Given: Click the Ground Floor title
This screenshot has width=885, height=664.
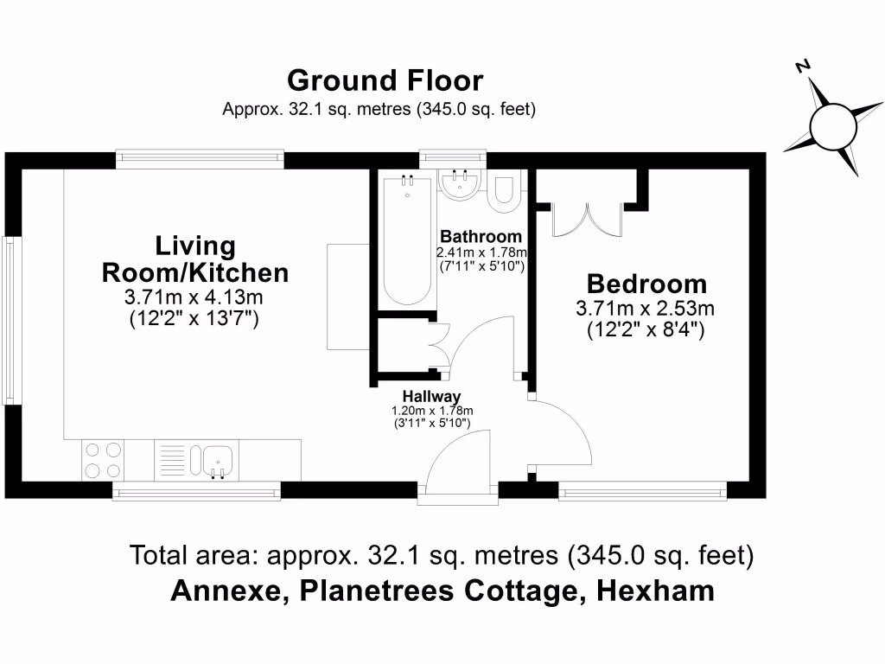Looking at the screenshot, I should coord(385,80).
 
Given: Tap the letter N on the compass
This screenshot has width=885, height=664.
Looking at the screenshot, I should coord(803,67).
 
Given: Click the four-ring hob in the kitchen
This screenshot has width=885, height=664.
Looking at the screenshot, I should coord(103,460).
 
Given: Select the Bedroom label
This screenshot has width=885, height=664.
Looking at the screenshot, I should coord(646,284).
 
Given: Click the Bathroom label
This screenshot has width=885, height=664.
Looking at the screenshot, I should coord(481,237).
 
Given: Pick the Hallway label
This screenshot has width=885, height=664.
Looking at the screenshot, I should coord(431,397).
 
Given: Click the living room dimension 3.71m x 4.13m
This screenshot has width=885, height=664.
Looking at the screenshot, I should coord(194,297).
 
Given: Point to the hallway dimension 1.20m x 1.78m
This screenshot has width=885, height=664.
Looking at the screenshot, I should coord(431,411).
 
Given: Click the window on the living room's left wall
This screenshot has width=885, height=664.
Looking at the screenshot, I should coord(10,321).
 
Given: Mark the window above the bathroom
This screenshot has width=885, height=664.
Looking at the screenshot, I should coord(452,157).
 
